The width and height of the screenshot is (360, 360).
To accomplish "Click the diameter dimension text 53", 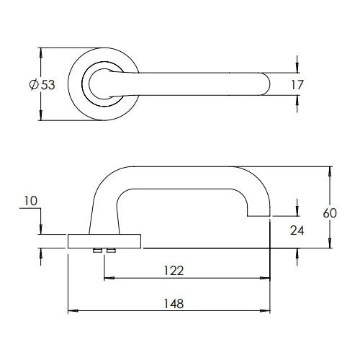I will pos(48,85).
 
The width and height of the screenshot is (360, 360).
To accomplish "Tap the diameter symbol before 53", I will pos(33,85).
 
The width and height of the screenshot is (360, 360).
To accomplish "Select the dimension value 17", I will pos(297,85).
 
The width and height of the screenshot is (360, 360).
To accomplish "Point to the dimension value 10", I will pos(30,203).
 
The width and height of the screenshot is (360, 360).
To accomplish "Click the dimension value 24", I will pos(297,230).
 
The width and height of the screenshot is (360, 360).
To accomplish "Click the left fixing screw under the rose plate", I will pos(96,251).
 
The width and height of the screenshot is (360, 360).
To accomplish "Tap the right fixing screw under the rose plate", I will pos(110,251).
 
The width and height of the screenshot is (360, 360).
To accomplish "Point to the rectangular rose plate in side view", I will pos(104,240).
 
